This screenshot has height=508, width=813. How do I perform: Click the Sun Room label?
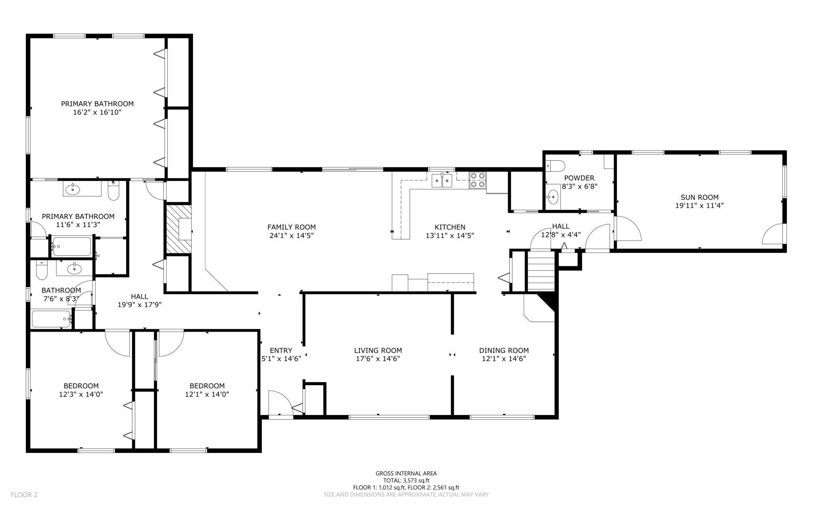[x=699, y=197]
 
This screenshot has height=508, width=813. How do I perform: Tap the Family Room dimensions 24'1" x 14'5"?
[x=291, y=236]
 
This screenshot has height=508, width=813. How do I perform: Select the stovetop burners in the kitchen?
[x=477, y=180]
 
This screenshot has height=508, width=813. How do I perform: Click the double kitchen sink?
[x=442, y=181]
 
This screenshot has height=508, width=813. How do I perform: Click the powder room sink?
[x=553, y=197]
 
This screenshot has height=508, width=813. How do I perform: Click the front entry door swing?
[x=280, y=403]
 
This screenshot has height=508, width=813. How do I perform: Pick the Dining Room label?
[x=504, y=350]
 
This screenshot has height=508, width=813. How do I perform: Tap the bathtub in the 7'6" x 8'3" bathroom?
[x=51, y=319]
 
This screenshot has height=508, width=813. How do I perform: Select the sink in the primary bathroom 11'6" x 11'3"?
[x=73, y=190]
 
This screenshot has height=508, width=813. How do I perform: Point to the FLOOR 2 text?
[x=24, y=495]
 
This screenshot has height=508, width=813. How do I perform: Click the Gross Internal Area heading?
[x=406, y=474]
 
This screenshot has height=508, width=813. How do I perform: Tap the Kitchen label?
[x=450, y=227]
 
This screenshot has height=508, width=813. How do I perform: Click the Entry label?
[x=281, y=350]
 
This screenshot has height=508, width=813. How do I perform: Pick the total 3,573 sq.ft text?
[x=406, y=481]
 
